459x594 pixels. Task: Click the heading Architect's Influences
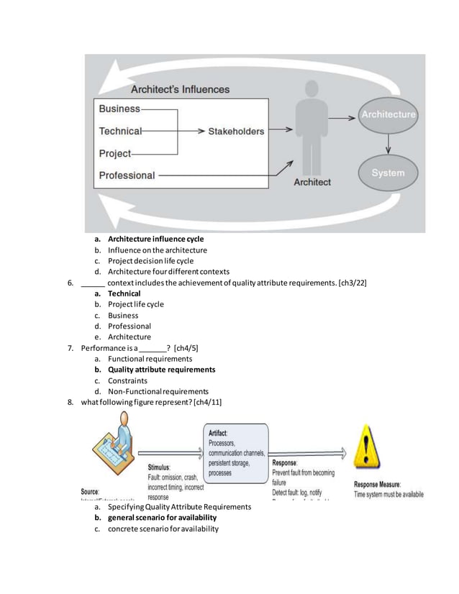tap(180, 90)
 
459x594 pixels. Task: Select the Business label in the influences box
tap(119, 109)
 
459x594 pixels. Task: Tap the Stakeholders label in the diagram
tap(236, 132)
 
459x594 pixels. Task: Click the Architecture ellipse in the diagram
tap(388, 115)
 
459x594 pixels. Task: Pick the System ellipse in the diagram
tap(388, 173)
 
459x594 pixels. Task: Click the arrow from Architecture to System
tap(388, 144)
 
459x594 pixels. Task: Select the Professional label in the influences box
tap(127, 175)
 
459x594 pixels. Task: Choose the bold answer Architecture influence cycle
tap(155, 239)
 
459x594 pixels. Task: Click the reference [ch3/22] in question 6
tap(352, 283)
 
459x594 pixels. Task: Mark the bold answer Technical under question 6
tap(124, 293)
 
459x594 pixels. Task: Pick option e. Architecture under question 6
tap(129, 337)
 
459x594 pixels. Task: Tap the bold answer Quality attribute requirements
tap(161, 370)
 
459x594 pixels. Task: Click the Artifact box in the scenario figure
tap(237, 452)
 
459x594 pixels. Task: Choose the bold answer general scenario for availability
tap(162, 518)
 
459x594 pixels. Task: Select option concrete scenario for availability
tap(163, 529)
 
